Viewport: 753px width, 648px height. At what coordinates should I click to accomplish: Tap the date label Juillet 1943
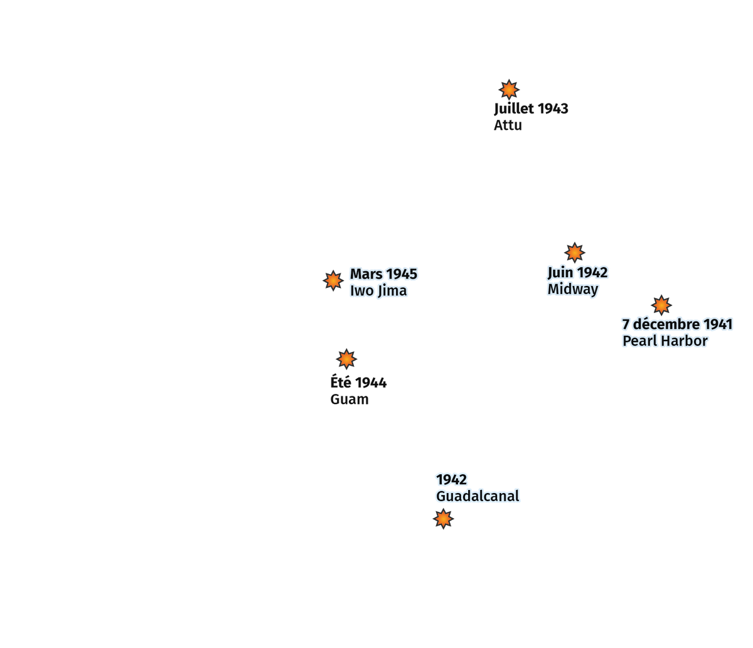(531, 109)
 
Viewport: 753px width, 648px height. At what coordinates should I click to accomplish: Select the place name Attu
(508, 125)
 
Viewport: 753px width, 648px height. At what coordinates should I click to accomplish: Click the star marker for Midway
(574, 252)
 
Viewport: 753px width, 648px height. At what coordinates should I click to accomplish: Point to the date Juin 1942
(577, 272)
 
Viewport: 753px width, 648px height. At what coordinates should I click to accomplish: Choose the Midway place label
(572, 289)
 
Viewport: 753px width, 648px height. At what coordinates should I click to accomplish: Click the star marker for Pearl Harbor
(661, 305)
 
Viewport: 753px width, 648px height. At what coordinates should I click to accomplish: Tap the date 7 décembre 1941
(677, 324)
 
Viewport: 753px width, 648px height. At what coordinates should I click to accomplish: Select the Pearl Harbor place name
(665, 341)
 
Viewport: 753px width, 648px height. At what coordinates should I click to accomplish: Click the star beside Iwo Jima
(333, 280)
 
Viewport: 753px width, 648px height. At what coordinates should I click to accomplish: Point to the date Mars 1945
(383, 274)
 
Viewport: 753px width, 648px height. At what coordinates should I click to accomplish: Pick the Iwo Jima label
(378, 290)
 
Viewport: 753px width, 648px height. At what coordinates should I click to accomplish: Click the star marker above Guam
(346, 359)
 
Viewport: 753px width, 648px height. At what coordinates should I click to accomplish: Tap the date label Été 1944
(358, 383)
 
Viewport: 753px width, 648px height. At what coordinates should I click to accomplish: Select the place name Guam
(349, 399)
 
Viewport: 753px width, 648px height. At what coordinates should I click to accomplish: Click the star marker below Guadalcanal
(443, 519)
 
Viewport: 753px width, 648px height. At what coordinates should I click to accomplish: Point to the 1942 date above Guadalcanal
(451, 479)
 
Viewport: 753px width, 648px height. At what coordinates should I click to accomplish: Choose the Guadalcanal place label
(478, 496)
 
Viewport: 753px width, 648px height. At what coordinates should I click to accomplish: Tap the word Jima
(392, 291)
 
